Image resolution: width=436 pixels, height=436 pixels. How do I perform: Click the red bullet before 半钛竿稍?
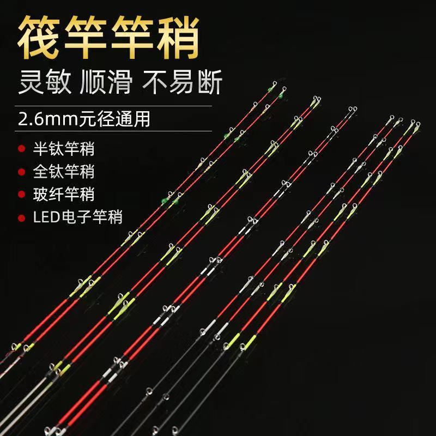click(x=21, y=149)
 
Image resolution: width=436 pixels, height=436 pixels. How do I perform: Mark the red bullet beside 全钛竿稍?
click(x=21, y=172)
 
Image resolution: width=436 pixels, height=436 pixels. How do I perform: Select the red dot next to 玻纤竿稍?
click(x=21, y=195)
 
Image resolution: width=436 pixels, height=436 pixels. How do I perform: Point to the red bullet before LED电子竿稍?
click(x=21, y=217)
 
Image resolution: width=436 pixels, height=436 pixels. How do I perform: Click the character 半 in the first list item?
click(x=41, y=148)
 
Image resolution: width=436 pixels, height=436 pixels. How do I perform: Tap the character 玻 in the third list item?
click(x=41, y=194)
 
